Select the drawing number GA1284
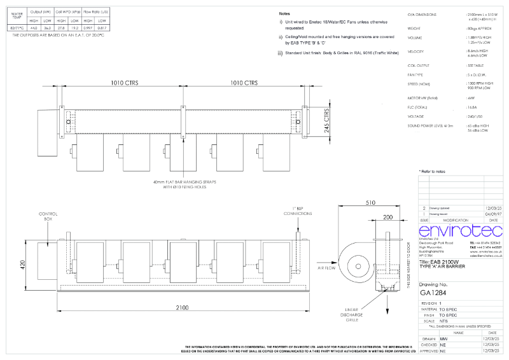pyautogui.click(x=434, y=293)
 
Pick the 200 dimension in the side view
pyautogui.click(x=387, y=218)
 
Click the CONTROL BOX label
pyautogui.click(x=48, y=216)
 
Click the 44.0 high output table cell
pyautogui.click(x=34, y=29)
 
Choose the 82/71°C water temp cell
pyautogui.click(x=15, y=29)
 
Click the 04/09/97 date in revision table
pyautogui.click(x=494, y=215)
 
